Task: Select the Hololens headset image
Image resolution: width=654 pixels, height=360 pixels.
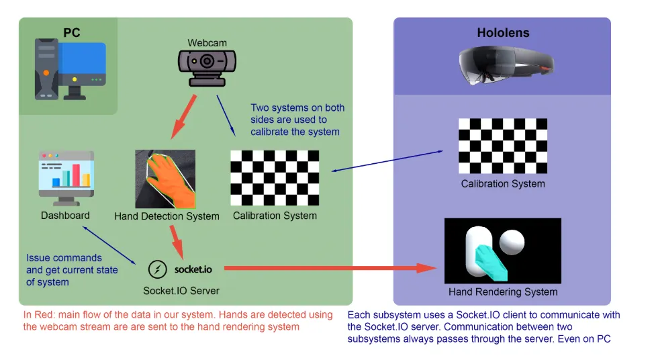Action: click(x=507, y=66)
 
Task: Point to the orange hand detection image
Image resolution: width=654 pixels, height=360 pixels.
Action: click(x=165, y=179)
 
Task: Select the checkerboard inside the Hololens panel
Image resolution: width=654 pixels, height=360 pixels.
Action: click(x=502, y=146)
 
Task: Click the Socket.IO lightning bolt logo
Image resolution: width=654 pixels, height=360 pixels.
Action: click(x=157, y=269)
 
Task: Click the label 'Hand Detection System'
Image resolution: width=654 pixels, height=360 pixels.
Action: click(x=167, y=216)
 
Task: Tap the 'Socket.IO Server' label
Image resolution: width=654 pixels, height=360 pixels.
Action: click(x=181, y=291)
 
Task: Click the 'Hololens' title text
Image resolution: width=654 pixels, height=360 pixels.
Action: click(x=502, y=32)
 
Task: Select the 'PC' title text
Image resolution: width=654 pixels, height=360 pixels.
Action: click(x=72, y=32)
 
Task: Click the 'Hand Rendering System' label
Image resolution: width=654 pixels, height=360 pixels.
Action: click(x=502, y=291)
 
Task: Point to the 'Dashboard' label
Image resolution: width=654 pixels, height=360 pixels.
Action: click(x=65, y=216)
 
